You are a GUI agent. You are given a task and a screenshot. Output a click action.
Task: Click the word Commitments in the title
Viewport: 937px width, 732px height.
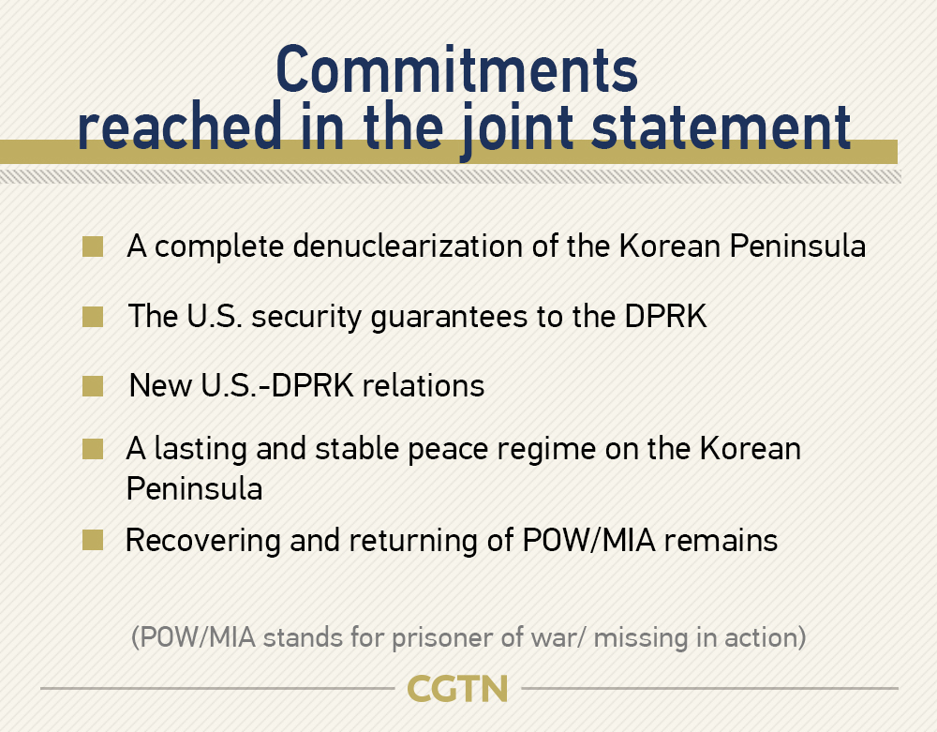click(x=457, y=70)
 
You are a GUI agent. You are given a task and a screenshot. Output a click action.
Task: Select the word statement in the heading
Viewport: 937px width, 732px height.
click(x=721, y=127)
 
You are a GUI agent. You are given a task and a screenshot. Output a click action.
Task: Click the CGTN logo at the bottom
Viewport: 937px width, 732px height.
click(x=457, y=688)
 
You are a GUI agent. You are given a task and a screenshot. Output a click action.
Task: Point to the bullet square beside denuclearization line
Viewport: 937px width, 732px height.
click(x=93, y=246)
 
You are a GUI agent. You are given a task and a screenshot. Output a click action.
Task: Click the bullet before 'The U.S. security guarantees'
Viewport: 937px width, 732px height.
click(x=93, y=317)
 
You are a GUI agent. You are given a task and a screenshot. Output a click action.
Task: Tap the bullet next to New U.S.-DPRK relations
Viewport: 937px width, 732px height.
click(x=93, y=386)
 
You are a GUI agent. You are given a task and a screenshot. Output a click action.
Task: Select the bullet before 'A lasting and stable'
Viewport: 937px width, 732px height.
click(x=93, y=449)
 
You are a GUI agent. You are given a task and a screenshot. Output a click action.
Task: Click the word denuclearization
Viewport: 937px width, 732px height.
click(x=408, y=246)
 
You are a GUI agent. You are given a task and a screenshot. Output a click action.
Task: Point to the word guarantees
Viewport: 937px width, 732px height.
click(x=449, y=318)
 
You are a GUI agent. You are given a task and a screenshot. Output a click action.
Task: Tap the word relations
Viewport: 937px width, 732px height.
click(x=424, y=385)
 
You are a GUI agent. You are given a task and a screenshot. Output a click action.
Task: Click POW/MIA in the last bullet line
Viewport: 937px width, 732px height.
click(x=588, y=540)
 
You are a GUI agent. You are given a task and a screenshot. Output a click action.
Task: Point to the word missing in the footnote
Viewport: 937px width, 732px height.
click(x=641, y=638)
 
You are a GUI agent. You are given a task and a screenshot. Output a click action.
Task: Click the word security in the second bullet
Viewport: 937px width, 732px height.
click(x=306, y=318)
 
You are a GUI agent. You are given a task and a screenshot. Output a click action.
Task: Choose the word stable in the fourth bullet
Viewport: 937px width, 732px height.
click(x=357, y=448)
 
